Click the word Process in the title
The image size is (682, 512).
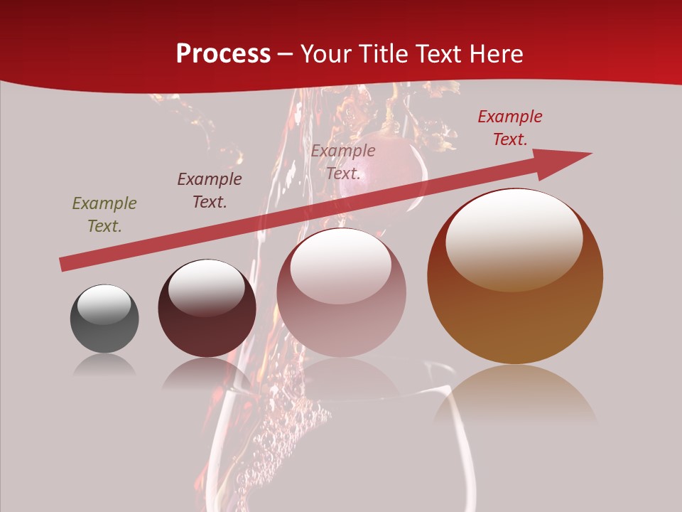[x=223, y=54]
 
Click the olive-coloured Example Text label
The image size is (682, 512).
[x=104, y=215]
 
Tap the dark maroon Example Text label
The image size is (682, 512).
[x=210, y=191]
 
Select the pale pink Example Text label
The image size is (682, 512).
[x=343, y=162]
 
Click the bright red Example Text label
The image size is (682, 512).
[x=510, y=128]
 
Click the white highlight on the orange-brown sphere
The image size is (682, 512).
[x=514, y=240]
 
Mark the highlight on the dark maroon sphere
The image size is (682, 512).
[x=206, y=287]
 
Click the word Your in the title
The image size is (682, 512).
[x=327, y=54]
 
